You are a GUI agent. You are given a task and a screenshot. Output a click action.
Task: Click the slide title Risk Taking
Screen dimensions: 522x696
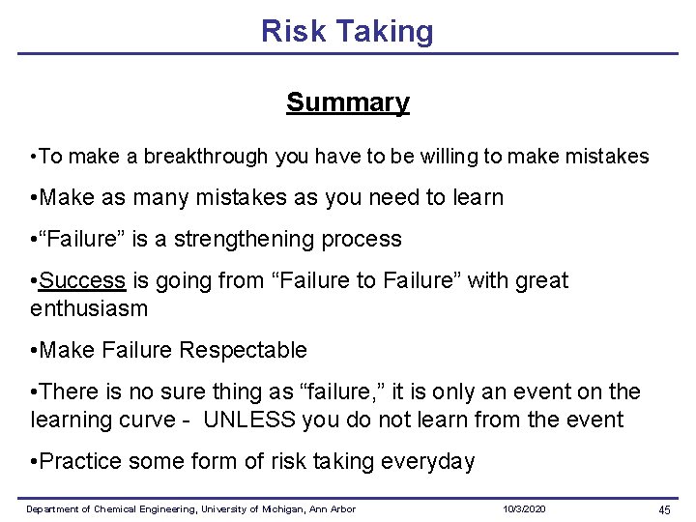pos(347,31)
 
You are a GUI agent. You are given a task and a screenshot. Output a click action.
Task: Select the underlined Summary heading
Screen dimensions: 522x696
pos(347,102)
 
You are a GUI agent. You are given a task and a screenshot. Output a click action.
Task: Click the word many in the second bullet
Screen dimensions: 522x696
pos(165,198)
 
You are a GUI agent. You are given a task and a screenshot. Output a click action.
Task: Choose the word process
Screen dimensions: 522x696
pos(366,240)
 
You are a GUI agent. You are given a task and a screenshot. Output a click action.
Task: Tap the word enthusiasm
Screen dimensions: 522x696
pos(89,309)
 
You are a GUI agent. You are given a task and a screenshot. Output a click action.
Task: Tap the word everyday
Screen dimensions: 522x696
pos(431,462)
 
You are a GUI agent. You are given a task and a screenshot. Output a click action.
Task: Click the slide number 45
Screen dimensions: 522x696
pos(664,509)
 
